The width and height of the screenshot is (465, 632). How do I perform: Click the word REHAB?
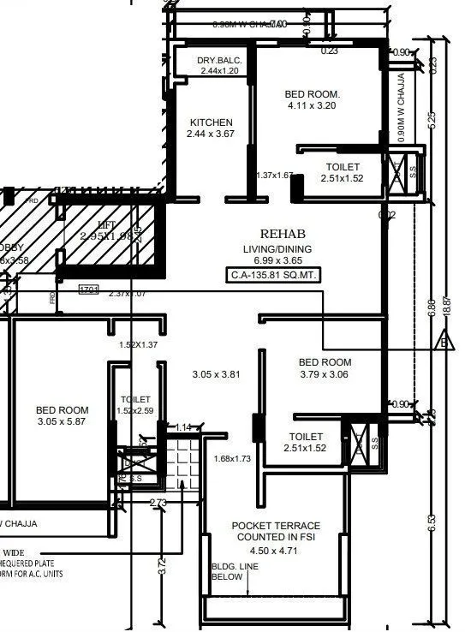(x=282, y=234)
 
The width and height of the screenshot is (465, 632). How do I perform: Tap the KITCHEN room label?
(x=211, y=122)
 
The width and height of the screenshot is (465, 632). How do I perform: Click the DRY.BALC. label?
(x=220, y=60)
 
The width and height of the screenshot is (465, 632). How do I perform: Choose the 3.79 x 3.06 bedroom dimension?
(x=325, y=374)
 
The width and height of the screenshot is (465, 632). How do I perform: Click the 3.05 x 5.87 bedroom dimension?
(x=63, y=422)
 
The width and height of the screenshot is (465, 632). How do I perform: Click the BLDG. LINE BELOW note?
(x=230, y=572)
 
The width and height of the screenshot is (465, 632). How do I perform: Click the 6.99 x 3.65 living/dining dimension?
(x=282, y=259)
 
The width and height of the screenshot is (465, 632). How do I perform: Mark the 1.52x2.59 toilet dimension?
(x=135, y=411)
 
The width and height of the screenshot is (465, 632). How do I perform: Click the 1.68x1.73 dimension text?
(x=232, y=459)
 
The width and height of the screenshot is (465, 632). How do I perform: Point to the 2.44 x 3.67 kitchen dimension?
(x=211, y=135)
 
